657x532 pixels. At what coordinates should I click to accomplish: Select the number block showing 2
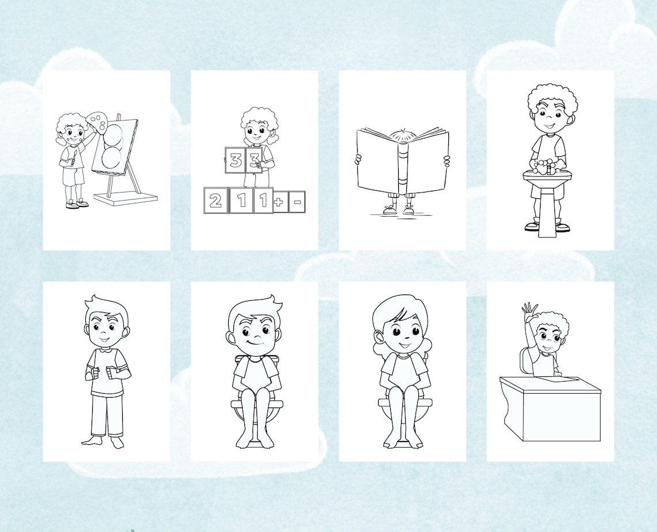(x=215, y=201)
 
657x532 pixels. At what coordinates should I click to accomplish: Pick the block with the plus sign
(x=281, y=202)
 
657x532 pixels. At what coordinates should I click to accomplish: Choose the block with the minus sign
(x=297, y=202)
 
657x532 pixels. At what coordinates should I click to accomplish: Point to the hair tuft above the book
(x=403, y=134)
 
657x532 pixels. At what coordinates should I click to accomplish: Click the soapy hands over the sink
(x=544, y=167)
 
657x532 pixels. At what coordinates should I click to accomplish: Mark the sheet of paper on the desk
(x=556, y=379)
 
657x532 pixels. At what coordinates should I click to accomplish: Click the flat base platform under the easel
(x=125, y=198)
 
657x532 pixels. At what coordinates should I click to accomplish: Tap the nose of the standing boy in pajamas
(x=105, y=333)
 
